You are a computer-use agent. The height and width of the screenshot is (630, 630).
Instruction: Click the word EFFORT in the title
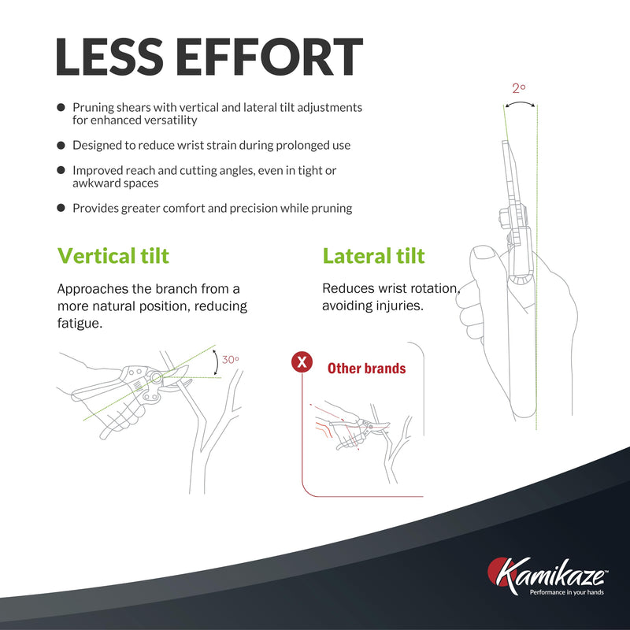(x=269, y=57)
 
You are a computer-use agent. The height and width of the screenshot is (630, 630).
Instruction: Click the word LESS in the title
(x=109, y=57)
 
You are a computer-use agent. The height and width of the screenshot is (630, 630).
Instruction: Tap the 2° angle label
(x=519, y=88)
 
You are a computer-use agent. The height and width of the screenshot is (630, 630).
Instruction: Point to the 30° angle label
(x=231, y=360)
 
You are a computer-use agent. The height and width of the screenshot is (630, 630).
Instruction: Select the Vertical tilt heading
(x=113, y=256)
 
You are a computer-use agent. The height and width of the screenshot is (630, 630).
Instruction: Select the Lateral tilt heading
(x=373, y=256)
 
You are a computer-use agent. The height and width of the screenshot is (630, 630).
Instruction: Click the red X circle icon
(x=302, y=362)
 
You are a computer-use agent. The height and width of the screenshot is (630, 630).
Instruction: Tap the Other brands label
(x=366, y=369)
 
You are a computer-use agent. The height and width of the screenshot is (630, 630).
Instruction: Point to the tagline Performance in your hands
(x=566, y=592)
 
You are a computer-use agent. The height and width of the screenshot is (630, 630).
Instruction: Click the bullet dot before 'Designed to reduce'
(x=61, y=145)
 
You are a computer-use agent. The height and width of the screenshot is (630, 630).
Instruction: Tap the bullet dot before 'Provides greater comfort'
(x=61, y=208)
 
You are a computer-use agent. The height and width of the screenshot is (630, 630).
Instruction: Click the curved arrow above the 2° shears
(x=520, y=103)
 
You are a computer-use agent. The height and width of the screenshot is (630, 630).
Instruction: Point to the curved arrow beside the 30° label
(x=216, y=363)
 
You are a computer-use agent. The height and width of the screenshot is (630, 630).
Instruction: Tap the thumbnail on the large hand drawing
(x=485, y=253)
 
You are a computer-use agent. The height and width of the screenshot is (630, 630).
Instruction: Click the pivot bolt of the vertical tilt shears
(x=156, y=378)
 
